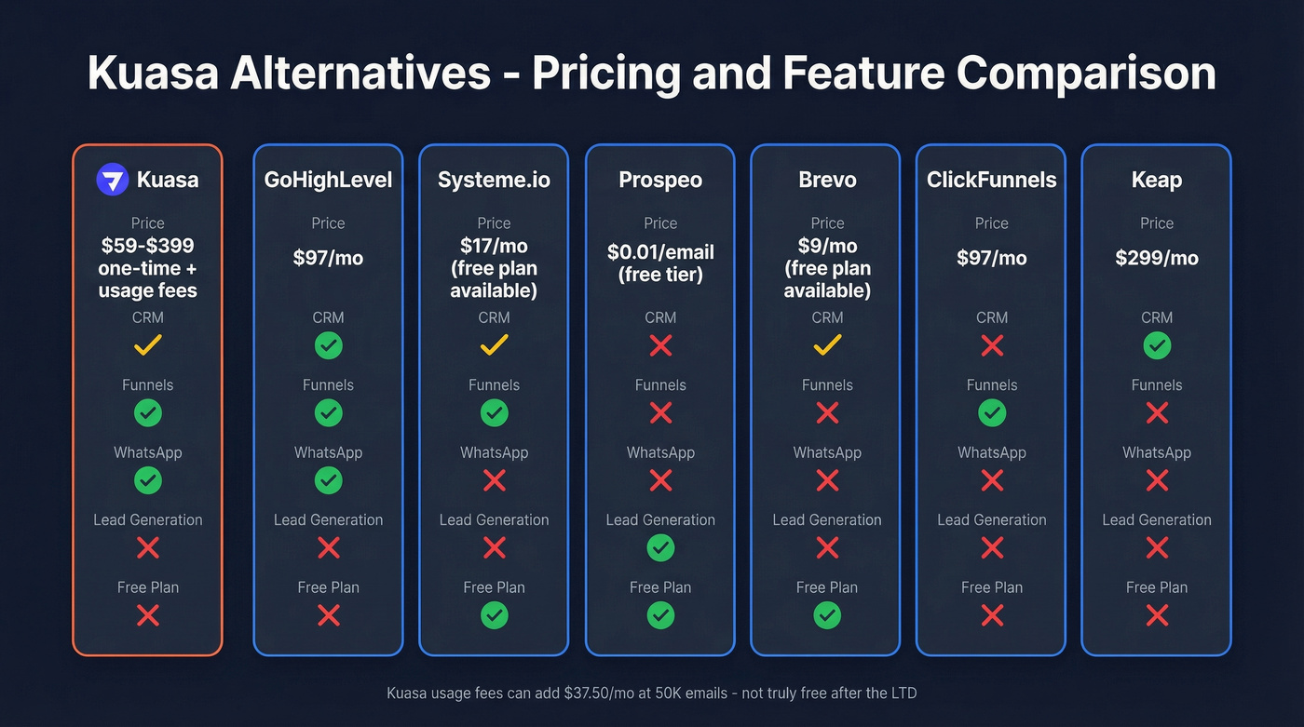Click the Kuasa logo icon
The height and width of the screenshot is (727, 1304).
[113, 180]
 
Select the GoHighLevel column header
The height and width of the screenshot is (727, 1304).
[328, 180]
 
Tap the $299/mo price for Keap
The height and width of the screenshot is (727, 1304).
[1157, 258]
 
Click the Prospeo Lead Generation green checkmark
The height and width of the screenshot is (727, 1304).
[660, 548]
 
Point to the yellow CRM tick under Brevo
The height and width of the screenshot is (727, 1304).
[827, 345]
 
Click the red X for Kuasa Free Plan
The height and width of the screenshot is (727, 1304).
[148, 615]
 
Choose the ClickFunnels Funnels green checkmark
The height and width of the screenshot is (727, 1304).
[992, 412]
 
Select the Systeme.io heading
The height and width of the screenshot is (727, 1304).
[494, 180]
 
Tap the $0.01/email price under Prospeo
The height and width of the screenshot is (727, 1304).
[660, 252]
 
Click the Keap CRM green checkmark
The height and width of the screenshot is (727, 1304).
[1157, 345]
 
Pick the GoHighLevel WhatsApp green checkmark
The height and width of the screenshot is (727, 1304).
[328, 480]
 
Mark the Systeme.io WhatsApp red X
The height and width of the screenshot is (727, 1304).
[494, 480]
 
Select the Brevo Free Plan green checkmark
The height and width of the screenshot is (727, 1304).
[827, 615]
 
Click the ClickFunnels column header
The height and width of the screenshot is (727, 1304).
[992, 180]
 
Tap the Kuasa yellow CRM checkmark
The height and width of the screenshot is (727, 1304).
[148, 345]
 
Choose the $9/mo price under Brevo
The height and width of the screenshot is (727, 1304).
[827, 246]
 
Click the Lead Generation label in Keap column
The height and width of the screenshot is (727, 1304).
[1157, 519]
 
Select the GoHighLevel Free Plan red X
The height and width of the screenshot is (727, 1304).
[328, 615]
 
